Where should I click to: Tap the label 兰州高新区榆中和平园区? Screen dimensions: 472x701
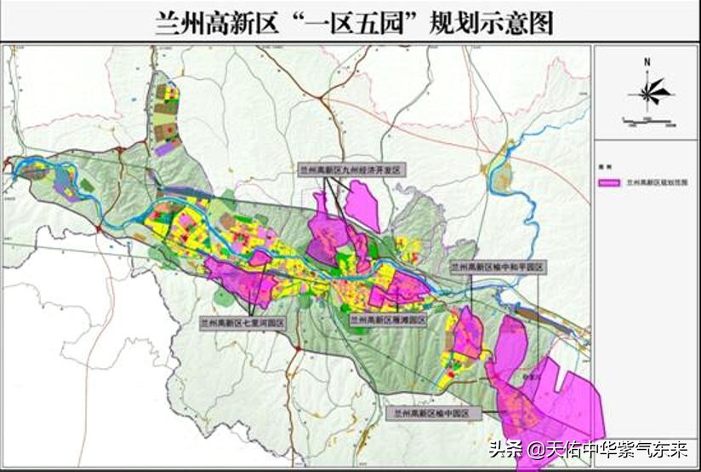(497, 267)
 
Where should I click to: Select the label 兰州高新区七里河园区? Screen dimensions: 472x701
(242, 323)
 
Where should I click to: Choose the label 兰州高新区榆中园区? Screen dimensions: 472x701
(433, 412)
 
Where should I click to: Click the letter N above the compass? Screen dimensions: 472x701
(647, 62)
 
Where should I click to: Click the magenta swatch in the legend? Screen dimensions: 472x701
(609, 181)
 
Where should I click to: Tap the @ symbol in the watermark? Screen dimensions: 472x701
(535, 449)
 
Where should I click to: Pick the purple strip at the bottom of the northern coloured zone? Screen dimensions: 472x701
(168, 147)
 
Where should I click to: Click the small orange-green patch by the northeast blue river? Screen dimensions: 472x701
(503, 177)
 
